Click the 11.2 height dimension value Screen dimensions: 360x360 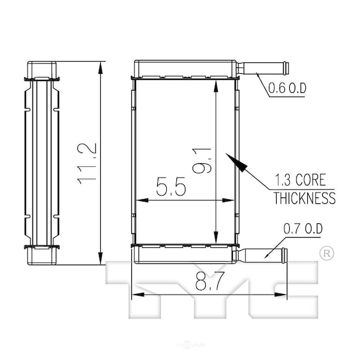[x=87, y=164]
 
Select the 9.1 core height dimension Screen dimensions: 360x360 [x=202, y=160]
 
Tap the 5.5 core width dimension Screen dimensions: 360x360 [x=171, y=186]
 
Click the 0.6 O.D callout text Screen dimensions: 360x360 [x=287, y=88]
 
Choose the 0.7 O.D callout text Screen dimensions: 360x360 [x=303, y=229]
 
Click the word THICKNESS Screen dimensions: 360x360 [x=304, y=198]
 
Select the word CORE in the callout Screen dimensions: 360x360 [x=311, y=179]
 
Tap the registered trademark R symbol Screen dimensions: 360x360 [x=327, y=253]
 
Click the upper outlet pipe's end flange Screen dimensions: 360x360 [x=286, y=68]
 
